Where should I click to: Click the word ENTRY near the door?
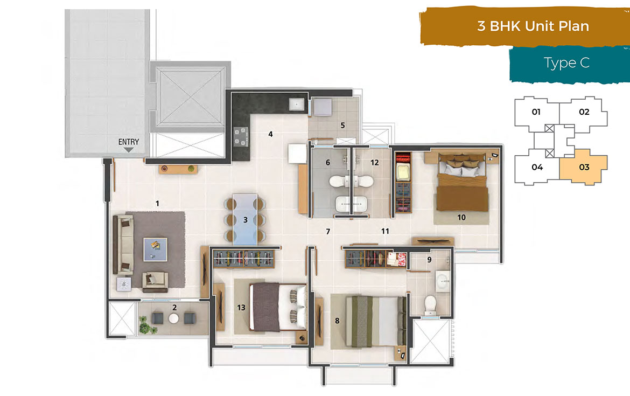pyautogui.click(x=129, y=142)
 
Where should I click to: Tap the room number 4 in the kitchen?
pyautogui.click(x=271, y=134)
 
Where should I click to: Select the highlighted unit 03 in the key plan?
pyautogui.click(x=584, y=167)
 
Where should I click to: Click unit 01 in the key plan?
pyautogui.click(x=536, y=113)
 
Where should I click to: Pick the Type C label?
pyautogui.click(x=567, y=63)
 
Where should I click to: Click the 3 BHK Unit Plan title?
pyautogui.click(x=533, y=26)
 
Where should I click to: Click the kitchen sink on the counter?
pyautogui.click(x=297, y=104)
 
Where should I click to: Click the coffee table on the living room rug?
pyautogui.click(x=155, y=249)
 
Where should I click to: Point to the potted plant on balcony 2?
pyautogui.click(x=145, y=324)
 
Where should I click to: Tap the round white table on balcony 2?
pyautogui.click(x=173, y=318)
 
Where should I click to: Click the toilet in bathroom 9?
pyautogui.click(x=430, y=305)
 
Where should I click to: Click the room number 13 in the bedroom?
pyautogui.click(x=241, y=308)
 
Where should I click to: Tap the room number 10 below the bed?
pyautogui.click(x=461, y=218)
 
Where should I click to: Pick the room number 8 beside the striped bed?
pyautogui.click(x=338, y=321)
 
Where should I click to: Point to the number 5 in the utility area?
pyautogui.click(x=342, y=126)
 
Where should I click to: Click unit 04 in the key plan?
pyautogui.click(x=537, y=167)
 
